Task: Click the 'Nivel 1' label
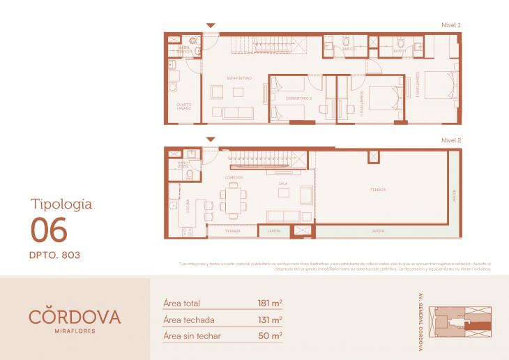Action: [x=450, y=25]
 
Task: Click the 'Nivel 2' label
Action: [x=450, y=140]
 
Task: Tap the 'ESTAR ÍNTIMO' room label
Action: [x=238, y=77]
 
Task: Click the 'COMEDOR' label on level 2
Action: [x=234, y=178]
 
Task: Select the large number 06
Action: [x=49, y=229]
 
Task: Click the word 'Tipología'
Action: [x=61, y=204]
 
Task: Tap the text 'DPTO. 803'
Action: [x=55, y=255]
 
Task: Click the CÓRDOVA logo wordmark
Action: [x=75, y=316]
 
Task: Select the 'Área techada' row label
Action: [x=188, y=320]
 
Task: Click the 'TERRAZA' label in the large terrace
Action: [x=378, y=190]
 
